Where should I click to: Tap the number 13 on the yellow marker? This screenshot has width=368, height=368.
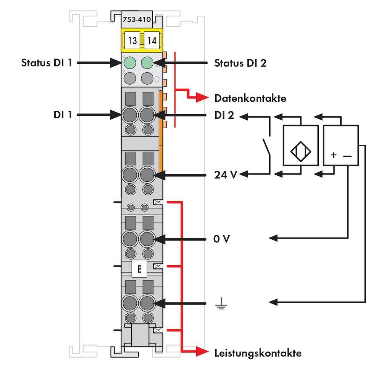pos(132,41)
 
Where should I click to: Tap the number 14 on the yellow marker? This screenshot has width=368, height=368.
pos(152,41)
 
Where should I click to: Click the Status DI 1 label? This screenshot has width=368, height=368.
pos(47,63)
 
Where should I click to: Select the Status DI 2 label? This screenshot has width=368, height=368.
pos(240,63)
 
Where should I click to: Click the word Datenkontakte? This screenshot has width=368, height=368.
pos(250,98)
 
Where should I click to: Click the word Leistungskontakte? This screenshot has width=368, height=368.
pos(258,353)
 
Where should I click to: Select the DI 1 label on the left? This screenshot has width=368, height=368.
pos(63,115)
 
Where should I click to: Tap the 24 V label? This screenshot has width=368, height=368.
pos(225,175)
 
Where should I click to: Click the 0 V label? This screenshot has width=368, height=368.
pos(221,239)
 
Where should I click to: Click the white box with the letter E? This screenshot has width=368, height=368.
pos(139,269)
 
